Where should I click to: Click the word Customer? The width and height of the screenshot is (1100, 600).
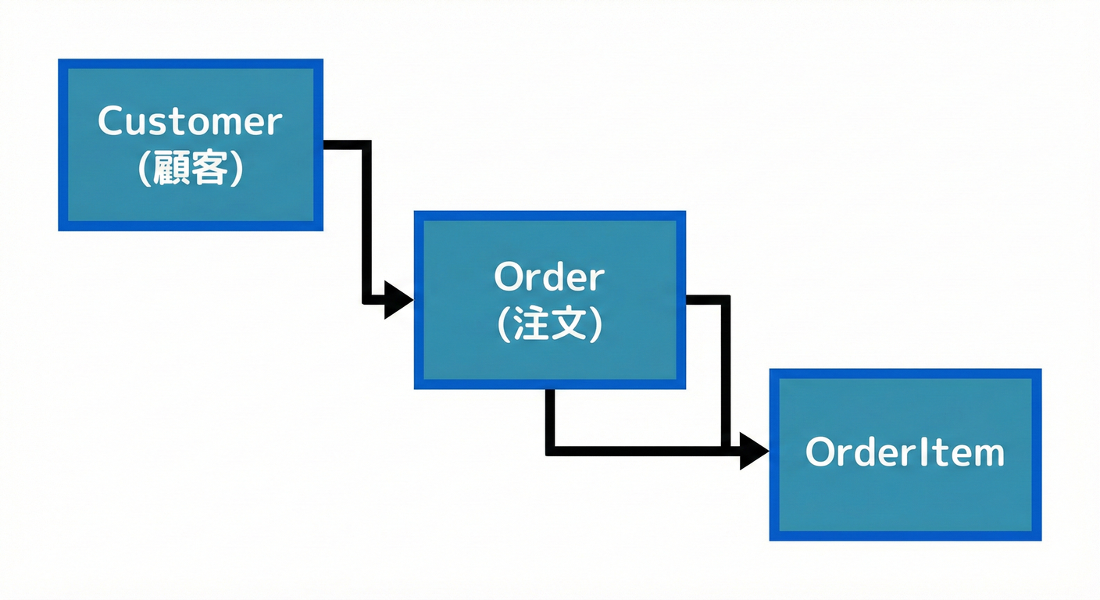190,122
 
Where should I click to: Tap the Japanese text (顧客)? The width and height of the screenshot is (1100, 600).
190,169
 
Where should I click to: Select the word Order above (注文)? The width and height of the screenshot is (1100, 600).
549,277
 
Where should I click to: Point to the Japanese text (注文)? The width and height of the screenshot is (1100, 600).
549,324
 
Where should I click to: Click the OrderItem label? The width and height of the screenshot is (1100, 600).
905,453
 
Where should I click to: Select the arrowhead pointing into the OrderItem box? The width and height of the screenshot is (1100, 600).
754,451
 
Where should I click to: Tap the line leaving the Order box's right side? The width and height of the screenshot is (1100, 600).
707,298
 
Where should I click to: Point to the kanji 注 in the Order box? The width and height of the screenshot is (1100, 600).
533,324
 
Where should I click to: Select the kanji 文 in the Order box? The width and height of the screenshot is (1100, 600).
568,324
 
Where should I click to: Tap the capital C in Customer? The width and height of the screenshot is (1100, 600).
112,122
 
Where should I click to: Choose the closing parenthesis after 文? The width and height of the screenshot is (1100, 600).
595,324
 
